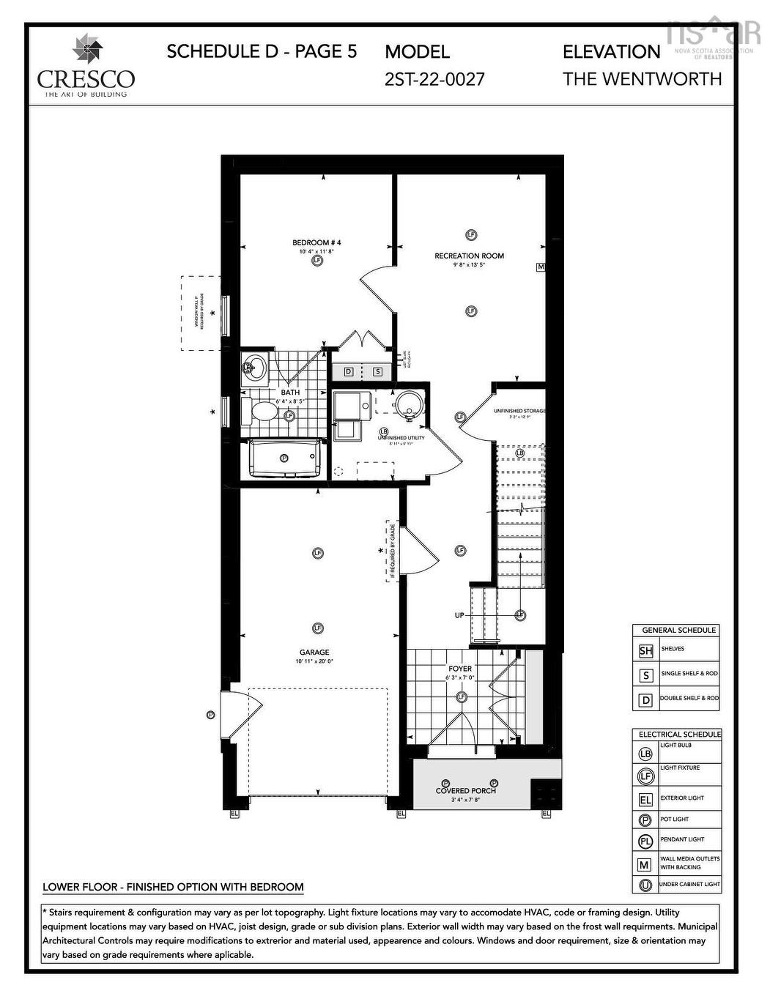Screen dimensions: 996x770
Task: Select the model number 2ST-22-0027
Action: click(x=434, y=79)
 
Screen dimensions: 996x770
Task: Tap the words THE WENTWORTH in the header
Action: click(x=642, y=79)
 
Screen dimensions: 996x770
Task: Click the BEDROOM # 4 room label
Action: click(x=316, y=242)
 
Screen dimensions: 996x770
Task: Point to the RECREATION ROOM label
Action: click(x=469, y=256)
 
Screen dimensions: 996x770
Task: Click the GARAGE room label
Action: click(x=314, y=652)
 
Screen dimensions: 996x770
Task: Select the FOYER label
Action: click(x=460, y=669)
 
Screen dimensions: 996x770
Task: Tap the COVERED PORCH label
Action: click(x=465, y=790)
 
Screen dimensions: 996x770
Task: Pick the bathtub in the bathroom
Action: click(x=284, y=458)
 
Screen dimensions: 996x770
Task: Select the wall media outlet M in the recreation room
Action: click(x=541, y=267)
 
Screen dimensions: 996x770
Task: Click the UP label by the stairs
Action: click(x=459, y=615)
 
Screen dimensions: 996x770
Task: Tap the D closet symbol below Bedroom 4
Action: click(x=349, y=371)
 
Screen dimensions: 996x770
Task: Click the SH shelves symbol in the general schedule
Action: click(x=645, y=650)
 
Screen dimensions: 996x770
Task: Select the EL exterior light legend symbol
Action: click(x=645, y=800)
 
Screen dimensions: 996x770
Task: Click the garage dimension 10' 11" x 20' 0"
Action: click(x=314, y=661)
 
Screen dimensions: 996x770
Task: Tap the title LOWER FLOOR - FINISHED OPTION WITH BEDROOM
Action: click(x=173, y=887)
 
